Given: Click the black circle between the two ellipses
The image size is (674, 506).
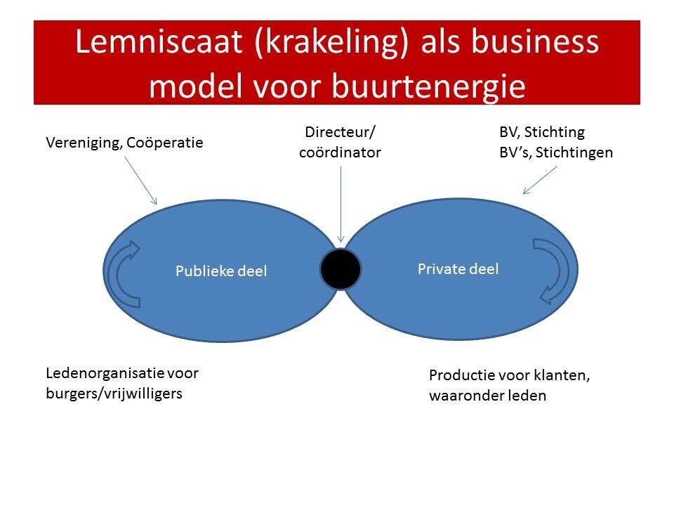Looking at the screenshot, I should click(x=341, y=269).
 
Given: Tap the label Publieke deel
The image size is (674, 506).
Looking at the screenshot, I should click(x=221, y=271).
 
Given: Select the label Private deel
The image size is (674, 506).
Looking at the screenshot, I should click(x=458, y=268).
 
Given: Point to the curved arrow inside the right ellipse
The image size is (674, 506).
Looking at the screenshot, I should click(x=555, y=270).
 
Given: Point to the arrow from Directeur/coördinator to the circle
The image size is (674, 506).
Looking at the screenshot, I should click(x=341, y=204).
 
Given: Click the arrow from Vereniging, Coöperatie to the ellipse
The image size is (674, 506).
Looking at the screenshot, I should click(x=141, y=180).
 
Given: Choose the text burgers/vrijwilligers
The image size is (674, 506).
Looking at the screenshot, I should click(x=114, y=394).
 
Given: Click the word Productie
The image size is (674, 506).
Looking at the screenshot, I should click(x=460, y=375).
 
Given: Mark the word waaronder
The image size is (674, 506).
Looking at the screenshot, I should click(x=464, y=396).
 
